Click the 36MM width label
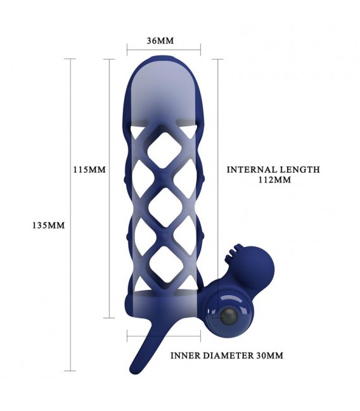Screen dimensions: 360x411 tap(160, 41)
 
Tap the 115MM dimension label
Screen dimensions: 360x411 tap(89, 170)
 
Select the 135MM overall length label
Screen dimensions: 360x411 tap(49, 225)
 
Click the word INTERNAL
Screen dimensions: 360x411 tap(249, 170)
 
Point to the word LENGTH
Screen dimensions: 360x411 tap(297, 170)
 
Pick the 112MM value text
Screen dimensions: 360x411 tap(274, 180)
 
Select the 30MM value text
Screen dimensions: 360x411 tap(269, 356)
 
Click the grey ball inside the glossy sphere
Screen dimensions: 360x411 tap(229, 317)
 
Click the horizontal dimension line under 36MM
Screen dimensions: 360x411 tap(164, 50)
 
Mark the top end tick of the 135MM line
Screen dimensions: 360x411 tap(70, 59)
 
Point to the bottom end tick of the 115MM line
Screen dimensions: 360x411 tap(109, 318)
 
